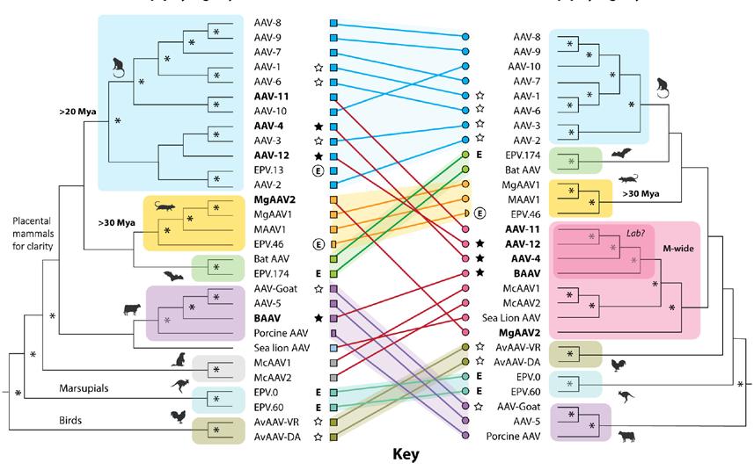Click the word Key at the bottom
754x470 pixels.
(x=406, y=455)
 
